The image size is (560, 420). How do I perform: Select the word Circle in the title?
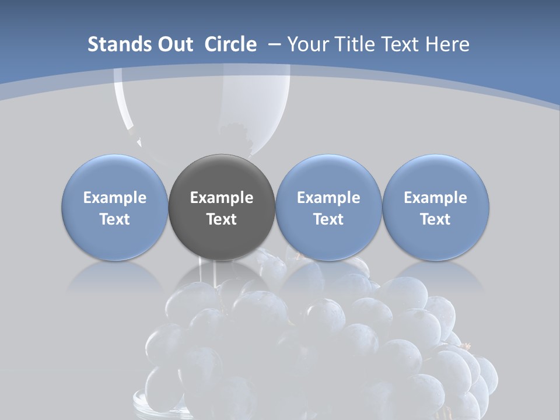coord(230,44)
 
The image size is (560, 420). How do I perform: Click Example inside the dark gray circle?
coord(222,198)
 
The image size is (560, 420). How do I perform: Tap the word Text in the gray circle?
coord(222,219)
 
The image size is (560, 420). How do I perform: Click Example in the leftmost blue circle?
coord(115,198)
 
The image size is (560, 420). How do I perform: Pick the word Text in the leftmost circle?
coord(115,219)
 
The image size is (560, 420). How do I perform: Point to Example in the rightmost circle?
coord(435,198)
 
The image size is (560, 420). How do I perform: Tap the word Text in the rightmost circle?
coord(435,219)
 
